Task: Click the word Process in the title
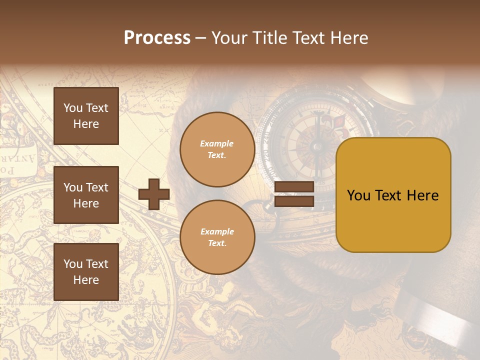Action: [157, 38]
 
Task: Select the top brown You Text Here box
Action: [86, 116]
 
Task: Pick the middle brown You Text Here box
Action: [86, 195]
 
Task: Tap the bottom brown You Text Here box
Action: [86, 272]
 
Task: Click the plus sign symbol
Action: [154, 194]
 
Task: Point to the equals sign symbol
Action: [294, 194]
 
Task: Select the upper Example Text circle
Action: [217, 149]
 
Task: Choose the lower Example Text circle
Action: [217, 237]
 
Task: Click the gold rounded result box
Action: [393, 195]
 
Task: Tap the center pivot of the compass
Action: [316, 146]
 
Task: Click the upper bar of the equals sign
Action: [294, 187]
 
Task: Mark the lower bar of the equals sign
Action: [294, 201]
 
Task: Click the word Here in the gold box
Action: [422, 195]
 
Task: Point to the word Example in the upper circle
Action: [217, 144]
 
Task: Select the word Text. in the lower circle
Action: [217, 243]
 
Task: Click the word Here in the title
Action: [349, 38]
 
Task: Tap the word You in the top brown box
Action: [73, 108]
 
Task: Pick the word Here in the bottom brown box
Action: [86, 280]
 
